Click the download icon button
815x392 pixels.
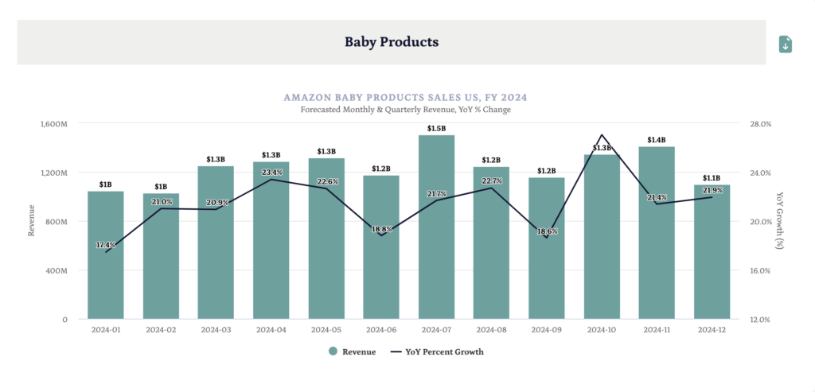[785, 45]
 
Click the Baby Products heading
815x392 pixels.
[392, 41]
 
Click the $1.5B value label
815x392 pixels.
[436, 128]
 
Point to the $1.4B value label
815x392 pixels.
[657, 140]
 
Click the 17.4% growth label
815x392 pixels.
[106, 245]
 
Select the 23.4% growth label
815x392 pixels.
[272, 173]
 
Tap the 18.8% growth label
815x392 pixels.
[382, 229]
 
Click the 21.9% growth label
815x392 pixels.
[712, 191]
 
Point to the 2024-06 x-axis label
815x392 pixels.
[381, 329]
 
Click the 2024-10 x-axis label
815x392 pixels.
[602, 329]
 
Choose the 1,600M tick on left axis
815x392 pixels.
[53, 124]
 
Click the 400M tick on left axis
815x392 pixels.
[56, 270]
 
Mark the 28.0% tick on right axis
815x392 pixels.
[760, 124]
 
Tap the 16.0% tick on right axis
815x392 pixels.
[760, 270]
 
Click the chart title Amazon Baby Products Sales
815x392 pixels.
[405, 97]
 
